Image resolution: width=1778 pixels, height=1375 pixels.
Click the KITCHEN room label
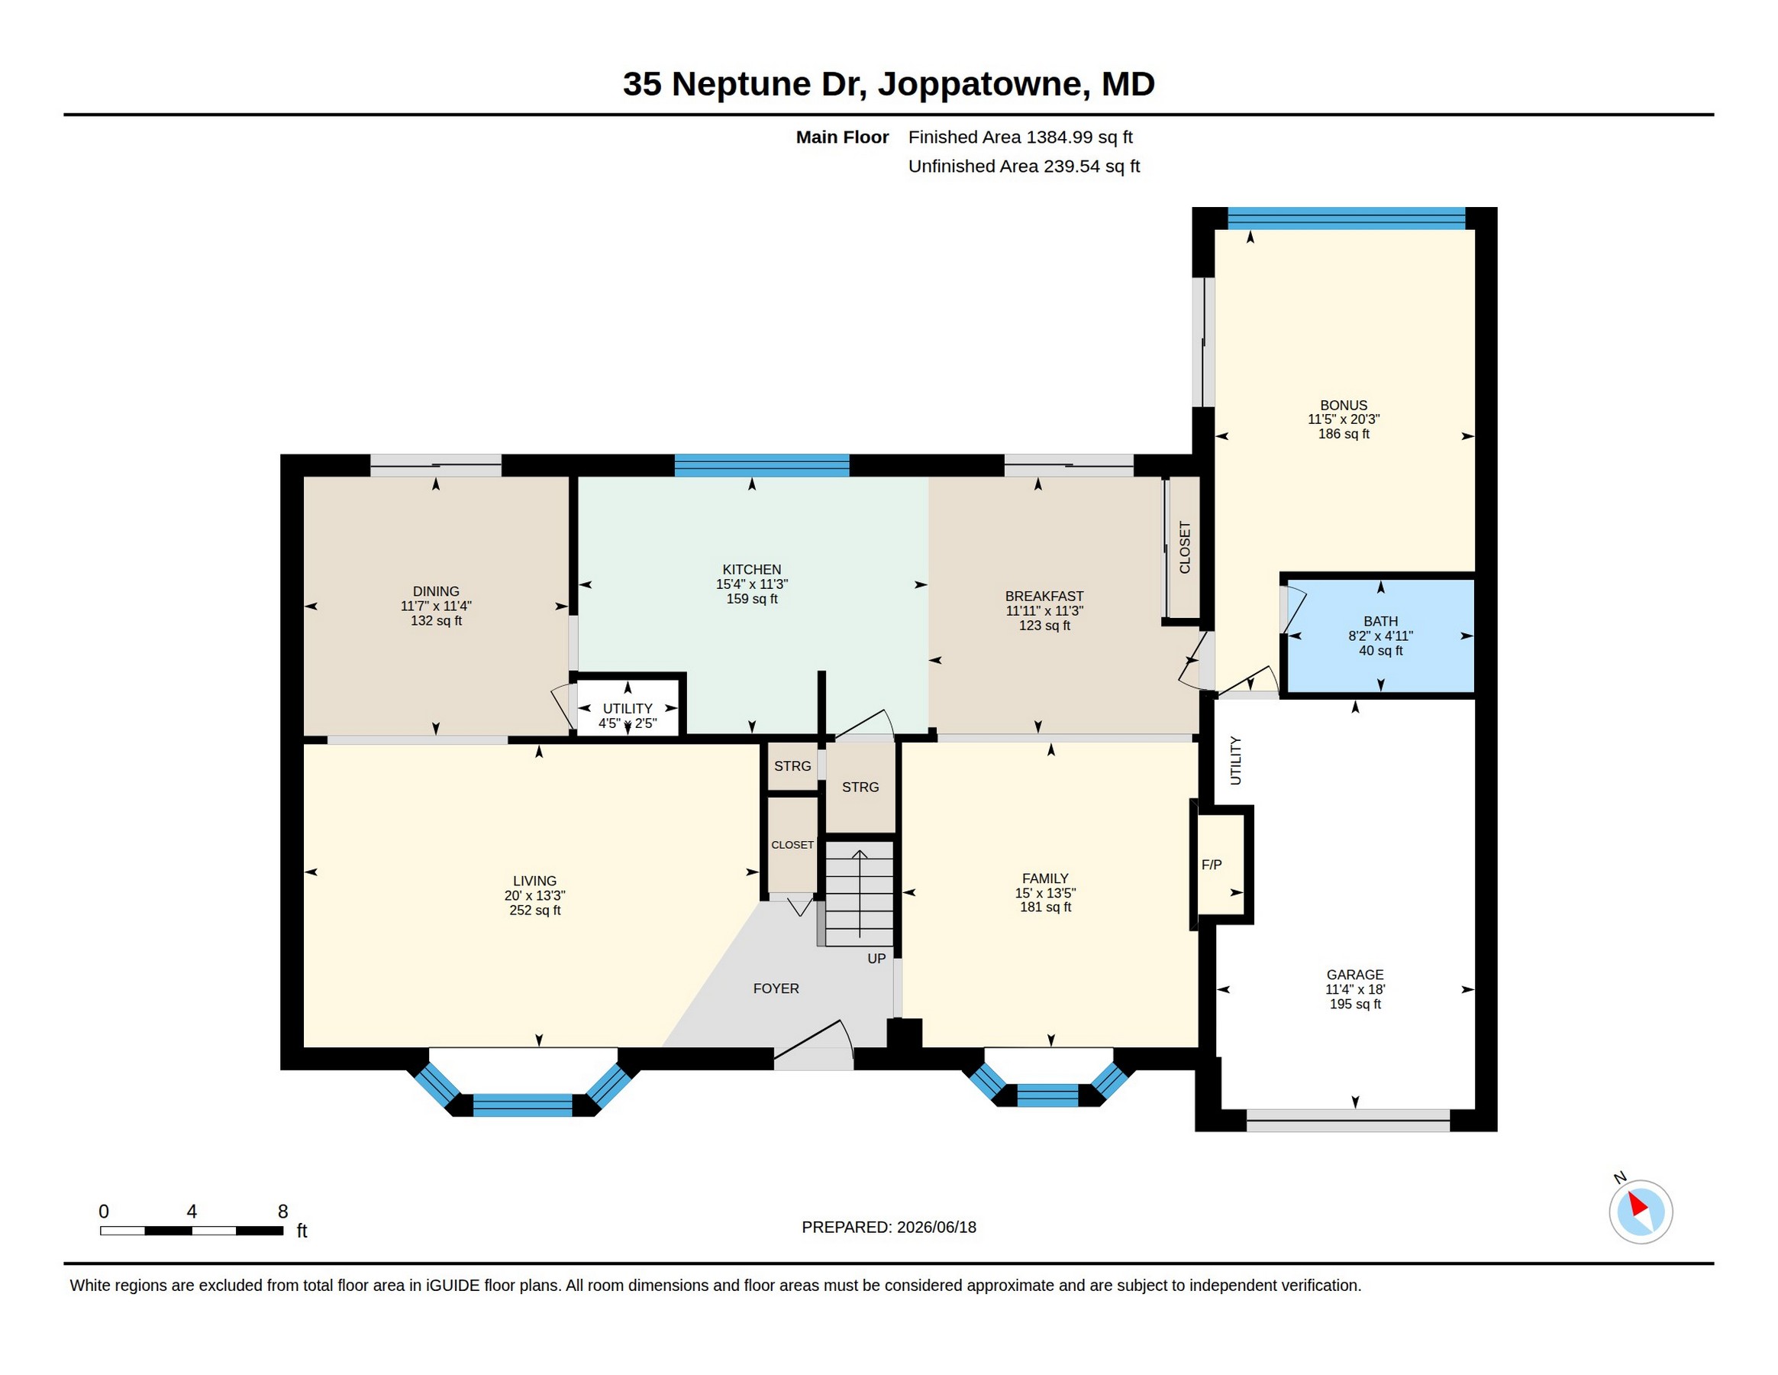751,569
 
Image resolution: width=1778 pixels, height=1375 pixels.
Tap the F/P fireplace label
1212,864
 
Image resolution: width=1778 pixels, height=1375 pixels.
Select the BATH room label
1381,621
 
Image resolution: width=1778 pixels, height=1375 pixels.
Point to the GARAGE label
1354,974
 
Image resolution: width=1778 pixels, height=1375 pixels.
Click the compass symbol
1641,1212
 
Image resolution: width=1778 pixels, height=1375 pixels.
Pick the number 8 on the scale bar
282,1212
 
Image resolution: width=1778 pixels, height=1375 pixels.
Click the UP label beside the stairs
876,959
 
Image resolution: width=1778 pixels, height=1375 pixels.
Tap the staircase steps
859,893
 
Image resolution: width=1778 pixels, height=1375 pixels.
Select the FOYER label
776,988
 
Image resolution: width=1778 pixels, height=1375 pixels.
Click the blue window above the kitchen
762,465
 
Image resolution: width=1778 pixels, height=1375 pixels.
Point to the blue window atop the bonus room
1347,218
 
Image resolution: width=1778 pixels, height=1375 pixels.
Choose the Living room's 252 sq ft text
535,910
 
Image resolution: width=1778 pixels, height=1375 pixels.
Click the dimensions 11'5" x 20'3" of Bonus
1344,419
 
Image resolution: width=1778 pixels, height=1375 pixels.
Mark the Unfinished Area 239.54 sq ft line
1023,167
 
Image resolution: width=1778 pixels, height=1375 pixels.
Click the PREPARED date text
889,1227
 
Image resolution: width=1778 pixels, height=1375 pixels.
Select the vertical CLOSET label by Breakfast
1185,548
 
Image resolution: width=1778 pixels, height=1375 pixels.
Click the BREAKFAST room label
1044,597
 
